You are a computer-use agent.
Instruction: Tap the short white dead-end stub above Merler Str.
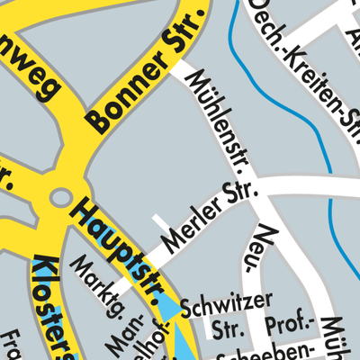click(160, 224)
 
